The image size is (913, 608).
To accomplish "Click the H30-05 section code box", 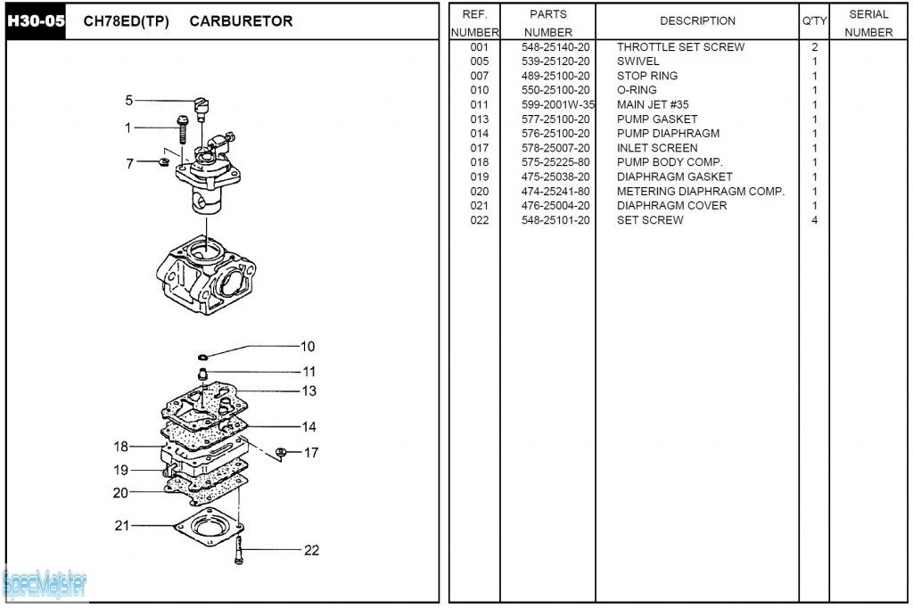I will click(x=37, y=21).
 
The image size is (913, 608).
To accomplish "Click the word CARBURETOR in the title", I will click(x=241, y=21).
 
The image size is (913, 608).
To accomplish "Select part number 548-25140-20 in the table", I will click(x=555, y=46).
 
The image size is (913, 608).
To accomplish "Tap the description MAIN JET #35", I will click(x=653, y=104).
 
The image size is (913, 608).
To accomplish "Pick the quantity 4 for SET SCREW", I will click(x=814, y=220).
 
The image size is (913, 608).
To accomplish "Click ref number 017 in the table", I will click(x=480, y=148).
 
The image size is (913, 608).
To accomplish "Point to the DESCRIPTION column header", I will click(x=697, y=21).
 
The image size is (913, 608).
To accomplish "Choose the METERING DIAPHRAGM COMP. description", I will click(x=701, y=191).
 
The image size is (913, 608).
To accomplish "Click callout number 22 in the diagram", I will click(x=311, y=550).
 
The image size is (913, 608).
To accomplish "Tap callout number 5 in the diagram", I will click(x=129, y=101).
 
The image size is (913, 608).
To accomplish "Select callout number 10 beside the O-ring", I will click(x=307, y=347).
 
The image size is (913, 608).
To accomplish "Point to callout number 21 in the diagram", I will click(x=122, y=525).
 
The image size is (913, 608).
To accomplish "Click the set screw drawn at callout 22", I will click(x=239, y=552).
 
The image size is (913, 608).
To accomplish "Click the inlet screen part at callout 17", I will click(x=280, y=452).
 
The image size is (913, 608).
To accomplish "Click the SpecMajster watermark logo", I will click(x=45, y=585).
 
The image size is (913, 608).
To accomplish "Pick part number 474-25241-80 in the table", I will click(x=555, y=191).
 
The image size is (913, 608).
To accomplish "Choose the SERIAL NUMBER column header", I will click(x=868, y=23).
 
